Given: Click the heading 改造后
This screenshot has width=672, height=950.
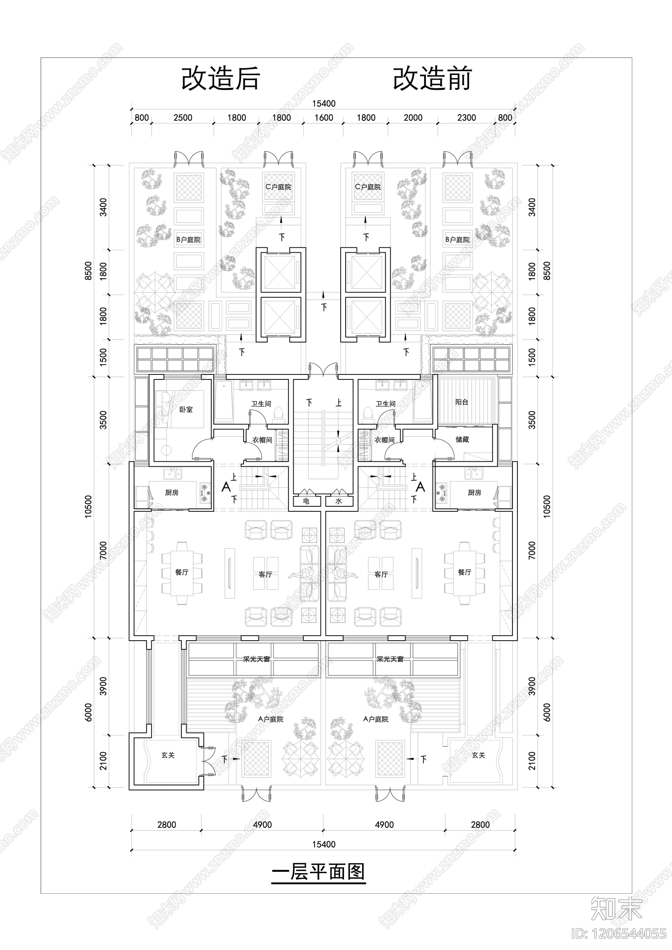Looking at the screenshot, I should click(x=220, y=79).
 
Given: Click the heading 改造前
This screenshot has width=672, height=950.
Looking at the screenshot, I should click(x=432, y=79).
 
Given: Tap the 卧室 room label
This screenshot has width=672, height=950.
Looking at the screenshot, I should click(x=186, y=409).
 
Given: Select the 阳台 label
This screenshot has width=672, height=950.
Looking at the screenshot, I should click(x=462, y=402).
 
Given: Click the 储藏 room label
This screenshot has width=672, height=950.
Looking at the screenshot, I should click(x=462, y=440).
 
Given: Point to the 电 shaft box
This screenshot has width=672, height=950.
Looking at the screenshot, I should click(x=306, y=501).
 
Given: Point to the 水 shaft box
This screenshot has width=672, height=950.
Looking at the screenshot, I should click(x=339, y=501).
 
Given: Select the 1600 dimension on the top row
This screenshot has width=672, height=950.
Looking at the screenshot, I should click(x=324, y=118).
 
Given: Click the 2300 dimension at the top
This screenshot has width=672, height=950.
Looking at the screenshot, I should click(x=466, y=118).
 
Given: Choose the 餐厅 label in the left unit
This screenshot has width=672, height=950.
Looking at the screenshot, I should click(x=182, y=572).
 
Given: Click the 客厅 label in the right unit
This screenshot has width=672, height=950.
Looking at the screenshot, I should click(x=381, y=574).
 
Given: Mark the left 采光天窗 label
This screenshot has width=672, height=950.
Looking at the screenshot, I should click(x=256, y=660).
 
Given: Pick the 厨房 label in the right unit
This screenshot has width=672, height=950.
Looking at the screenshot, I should click(x=475, y=492).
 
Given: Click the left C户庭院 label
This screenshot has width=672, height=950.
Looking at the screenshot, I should click(x=278, y=187).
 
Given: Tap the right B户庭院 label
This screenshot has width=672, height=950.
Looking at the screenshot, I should click(x=458, y=240).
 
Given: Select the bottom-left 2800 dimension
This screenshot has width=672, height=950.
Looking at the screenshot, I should click(x=167, y=825).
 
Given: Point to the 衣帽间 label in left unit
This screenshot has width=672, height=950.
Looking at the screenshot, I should click(x=262, y=440).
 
